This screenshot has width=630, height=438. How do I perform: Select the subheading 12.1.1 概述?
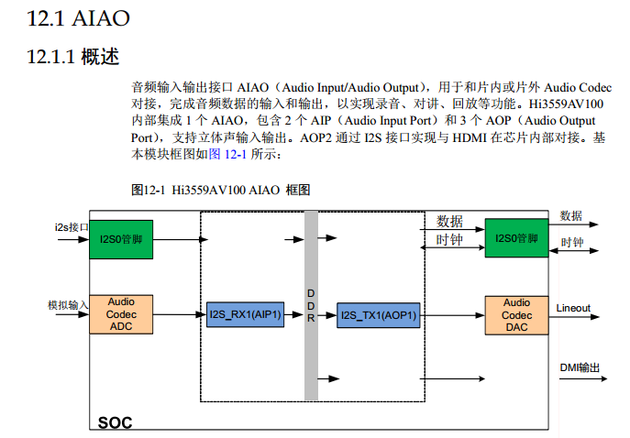(74, 57)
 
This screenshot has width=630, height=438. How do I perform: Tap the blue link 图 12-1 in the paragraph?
(229, 154)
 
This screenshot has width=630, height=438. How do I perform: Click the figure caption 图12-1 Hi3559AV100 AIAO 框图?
(222, 190)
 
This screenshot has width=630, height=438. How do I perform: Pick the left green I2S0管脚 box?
(121, 239)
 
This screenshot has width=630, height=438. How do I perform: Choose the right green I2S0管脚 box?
(516, 238)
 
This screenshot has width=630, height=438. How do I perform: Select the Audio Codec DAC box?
(516, 315)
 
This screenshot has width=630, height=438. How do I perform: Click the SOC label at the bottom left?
(116, 422)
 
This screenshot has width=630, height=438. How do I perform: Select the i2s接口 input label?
(71, 226)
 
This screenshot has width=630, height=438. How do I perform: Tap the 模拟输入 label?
(68, 304)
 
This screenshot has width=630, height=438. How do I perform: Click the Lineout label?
(573, 309)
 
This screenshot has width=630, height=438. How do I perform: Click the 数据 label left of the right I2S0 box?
(449, 221)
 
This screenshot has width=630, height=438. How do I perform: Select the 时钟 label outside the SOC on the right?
(572, 243)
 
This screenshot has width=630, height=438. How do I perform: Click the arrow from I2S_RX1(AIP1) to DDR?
(293, 316)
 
